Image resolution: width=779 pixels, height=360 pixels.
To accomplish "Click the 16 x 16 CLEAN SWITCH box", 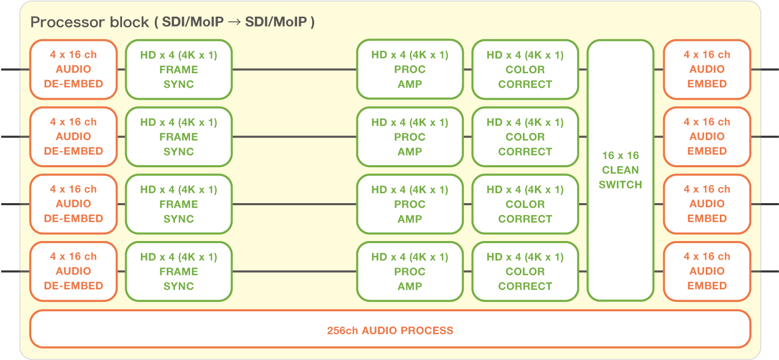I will coord(620,170).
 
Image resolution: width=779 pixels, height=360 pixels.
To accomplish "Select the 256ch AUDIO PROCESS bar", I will coord(390,330).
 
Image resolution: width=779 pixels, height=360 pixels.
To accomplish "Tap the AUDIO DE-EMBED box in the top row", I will coord(73,69).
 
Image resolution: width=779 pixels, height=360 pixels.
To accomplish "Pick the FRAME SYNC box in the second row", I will coord(179,137).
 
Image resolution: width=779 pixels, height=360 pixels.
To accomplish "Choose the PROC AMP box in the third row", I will coord(410,204).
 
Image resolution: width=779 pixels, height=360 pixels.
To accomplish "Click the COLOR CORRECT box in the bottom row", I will coord(525,271).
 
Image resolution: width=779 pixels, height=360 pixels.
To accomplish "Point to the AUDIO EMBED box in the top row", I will coord(707,69).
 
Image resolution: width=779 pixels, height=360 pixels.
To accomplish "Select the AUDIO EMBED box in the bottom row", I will coord(707,271).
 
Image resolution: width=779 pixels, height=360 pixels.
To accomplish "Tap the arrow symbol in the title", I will coord(235,22).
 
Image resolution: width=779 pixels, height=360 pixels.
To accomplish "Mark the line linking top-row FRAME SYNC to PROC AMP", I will coord(294,70).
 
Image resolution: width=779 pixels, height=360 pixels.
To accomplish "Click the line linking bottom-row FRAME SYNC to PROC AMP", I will coord(294,271).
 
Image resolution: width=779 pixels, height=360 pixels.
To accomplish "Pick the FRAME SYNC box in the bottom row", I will coord(179,271).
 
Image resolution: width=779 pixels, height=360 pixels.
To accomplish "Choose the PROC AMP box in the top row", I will coord(410,69).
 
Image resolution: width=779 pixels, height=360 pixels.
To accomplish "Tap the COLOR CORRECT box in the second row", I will coord(525,137).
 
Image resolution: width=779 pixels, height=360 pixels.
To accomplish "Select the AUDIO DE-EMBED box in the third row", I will coord(73,204).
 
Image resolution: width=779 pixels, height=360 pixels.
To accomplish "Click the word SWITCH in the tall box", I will coord(620,184).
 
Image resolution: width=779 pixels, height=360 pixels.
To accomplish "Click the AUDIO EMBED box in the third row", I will coord(707,204).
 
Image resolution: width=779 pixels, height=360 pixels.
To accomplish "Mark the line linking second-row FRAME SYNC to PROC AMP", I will coord(294,137).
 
